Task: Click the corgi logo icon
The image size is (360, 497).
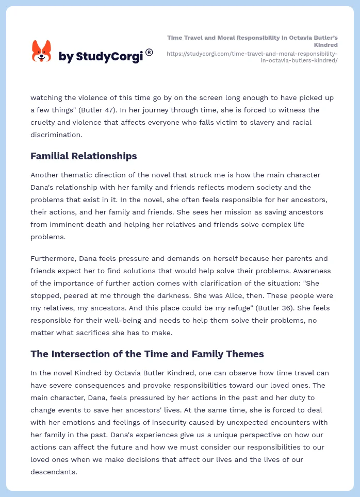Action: [42, 52]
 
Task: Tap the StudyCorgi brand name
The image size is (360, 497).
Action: [101, 56]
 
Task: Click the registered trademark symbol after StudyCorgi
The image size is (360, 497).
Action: [149, 52]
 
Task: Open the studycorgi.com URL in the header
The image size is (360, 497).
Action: [252, 57]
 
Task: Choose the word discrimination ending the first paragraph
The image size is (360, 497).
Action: [55, 135]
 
